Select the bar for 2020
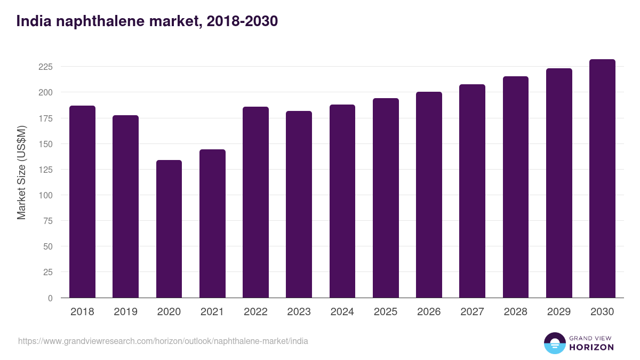tap(169, 229)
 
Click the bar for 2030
tap(602, 179)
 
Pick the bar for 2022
tap(255, 202)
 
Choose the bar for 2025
tap(386, 198)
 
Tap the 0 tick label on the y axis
tap(50, 298)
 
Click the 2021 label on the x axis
tap(212, 312)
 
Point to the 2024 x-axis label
tap(342, 312)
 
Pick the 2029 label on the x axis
tap(559, 312)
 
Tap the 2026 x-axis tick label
tap(429, 312)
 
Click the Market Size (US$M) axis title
tap(21, 173)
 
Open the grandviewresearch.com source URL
tap(163, 341)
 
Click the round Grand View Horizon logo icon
tap(555, 343)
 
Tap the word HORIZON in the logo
tap(591, 347)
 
